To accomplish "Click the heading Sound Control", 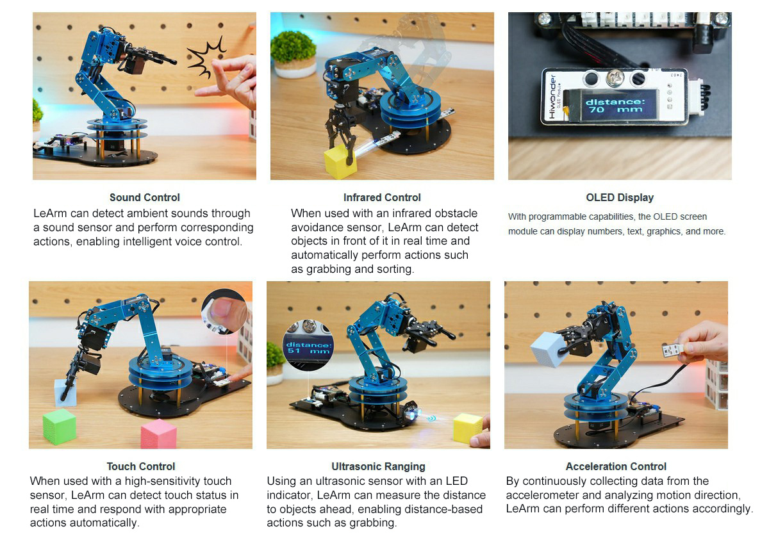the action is tap(145, 198).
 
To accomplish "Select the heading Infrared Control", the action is tap(382, 198).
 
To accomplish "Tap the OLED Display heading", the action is tap(620, 198).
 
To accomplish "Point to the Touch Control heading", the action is tap(141, 467).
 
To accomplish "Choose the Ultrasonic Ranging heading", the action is tap(378, 467).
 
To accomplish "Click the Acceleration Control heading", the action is tap(616, 467).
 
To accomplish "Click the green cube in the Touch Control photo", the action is tap(60, 427).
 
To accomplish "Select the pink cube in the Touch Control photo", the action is tap(159, 434).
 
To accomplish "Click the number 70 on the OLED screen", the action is tap(597, 110).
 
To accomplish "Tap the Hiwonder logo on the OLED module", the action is tap(552, 97).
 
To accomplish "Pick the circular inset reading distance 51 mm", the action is tap(308, 345).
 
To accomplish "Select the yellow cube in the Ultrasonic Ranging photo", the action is tap(468, 428).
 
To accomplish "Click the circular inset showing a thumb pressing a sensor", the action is tap(224, 311).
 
